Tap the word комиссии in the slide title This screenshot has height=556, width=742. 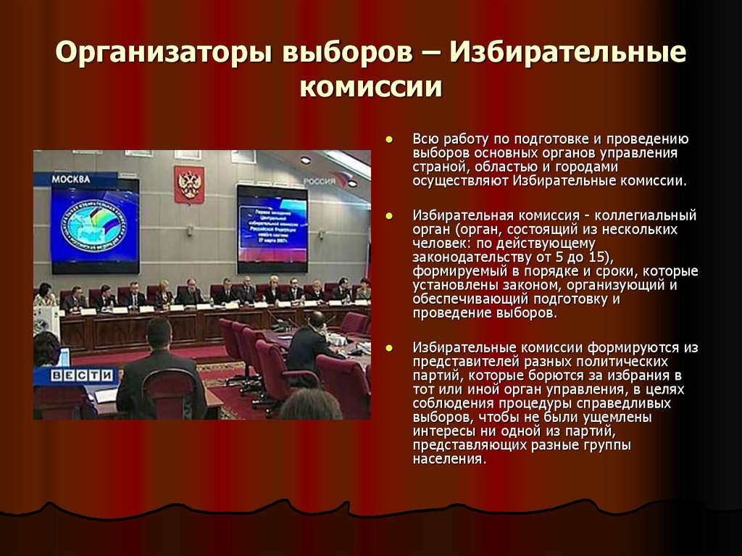point(371,86)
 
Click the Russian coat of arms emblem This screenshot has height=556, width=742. point(189,184)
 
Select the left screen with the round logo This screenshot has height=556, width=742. point(95,225)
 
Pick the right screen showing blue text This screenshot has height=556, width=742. point(272,228)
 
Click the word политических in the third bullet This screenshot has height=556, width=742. point(631,361)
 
